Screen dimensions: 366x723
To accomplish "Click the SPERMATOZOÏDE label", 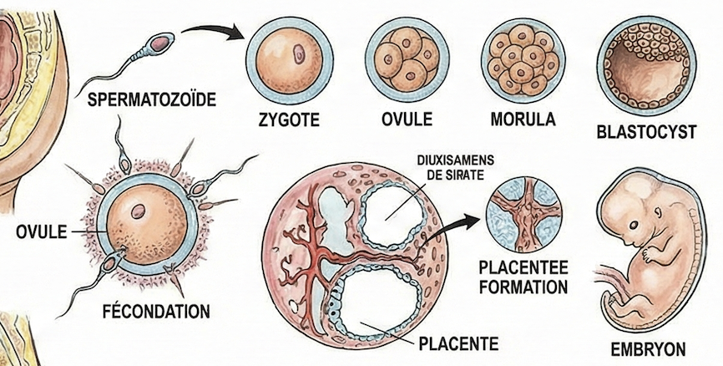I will click(151, 101).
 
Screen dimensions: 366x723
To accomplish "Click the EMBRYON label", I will click(648, 348).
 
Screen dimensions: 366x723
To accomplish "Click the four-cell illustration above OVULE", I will click(407, 58).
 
